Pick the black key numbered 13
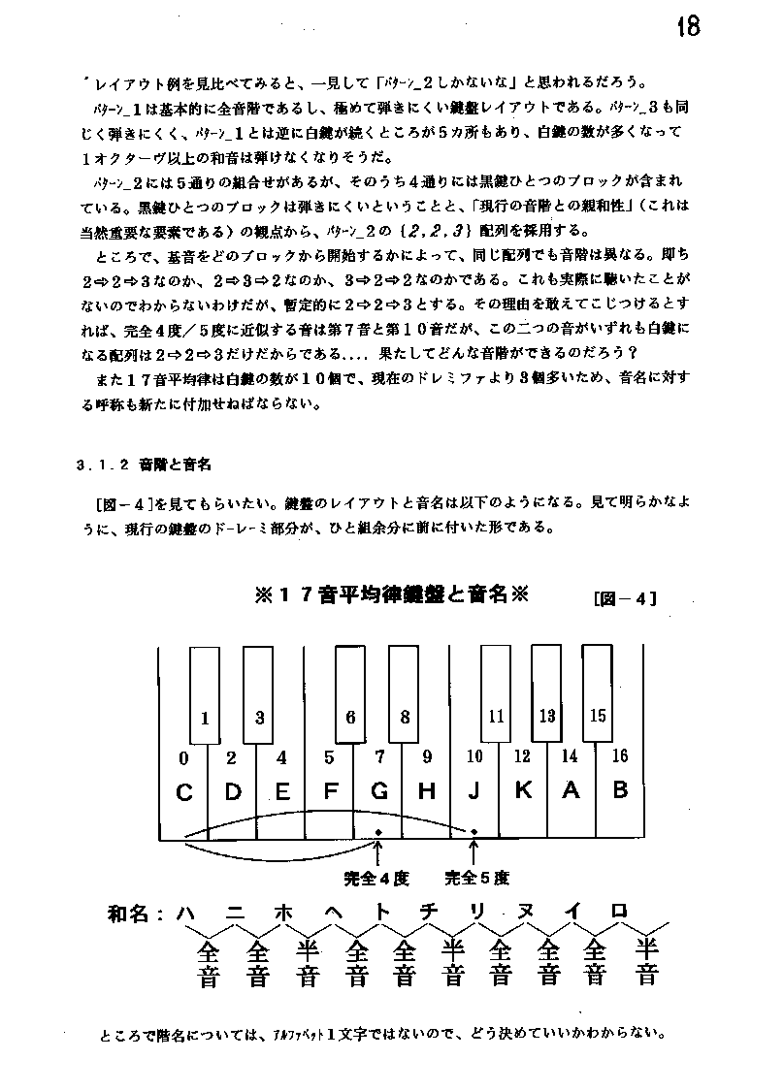pyautogui.click(x=547, y=717)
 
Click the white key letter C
pyautogui.click(x=184, y=792)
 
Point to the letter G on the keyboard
pyautogui.click(x=379, y=791)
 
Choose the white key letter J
pyautogui.click(x=474, y=791)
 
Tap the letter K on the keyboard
pyautogui.click(x=523, y=790)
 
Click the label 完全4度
pyautogui.click(x=376, y=879)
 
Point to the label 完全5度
pyautogui.click(x=476, y=879)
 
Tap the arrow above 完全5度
pyautogui.click(x=474, y=850)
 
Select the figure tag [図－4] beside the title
pyautogui.click(x=625, y=598)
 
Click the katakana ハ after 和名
pyautogui.click(x=187, y=913)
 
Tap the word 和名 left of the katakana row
pyautogui.click(x=131, y=914)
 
